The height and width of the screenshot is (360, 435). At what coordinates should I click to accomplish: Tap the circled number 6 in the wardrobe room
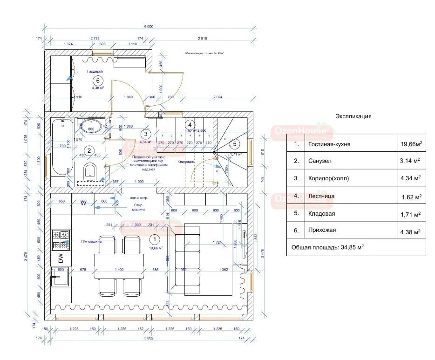point(98,80)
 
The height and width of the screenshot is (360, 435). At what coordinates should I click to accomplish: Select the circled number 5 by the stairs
point(235,144)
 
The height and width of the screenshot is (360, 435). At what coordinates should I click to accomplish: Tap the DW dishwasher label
point(60,257)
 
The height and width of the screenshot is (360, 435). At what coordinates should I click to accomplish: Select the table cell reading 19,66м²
point(411,144)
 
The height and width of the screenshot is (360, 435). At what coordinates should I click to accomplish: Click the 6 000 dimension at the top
point(149,27)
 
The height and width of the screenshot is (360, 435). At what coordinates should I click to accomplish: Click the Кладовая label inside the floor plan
point(186,162)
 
